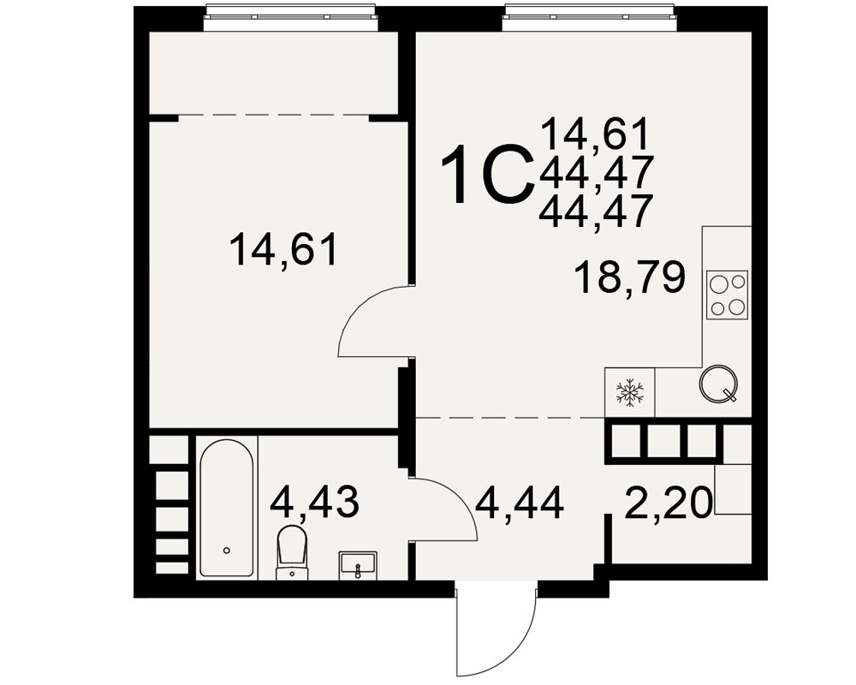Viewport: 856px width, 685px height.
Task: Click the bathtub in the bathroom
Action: pyautogui.click(x=227, y=508)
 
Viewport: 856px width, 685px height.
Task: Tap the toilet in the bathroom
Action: pyautogui.click(x=292, y=551)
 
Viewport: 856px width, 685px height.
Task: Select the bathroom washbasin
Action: pyautogui.click(x=358, y=565)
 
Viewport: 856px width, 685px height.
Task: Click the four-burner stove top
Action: pyautogui.click(x=727, y=295)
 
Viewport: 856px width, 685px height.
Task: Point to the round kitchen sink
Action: pyautogui.click(x=719, y=384)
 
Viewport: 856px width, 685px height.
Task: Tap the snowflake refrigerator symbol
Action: pyautogui.click(x=629, y=392)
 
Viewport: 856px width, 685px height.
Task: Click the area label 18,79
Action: pyautogui.click(x=630, y=278)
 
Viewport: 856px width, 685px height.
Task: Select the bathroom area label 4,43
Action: pyautogui.click(x=315, y=502)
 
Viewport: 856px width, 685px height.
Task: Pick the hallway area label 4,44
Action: pyautogui.click(x=520, y=503)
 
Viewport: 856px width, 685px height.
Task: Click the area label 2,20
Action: pyautogui.click(x=669, y=503)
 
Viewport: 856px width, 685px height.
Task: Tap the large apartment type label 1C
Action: pyautogui.click(x=488, y=175)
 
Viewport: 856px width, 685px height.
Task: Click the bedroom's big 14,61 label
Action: pyautogui.click(x=284, y=250)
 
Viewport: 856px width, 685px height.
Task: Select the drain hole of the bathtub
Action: pyautogui.click(x=227, y=551)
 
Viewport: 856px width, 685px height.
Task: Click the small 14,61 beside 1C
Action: pyautogui.click(x=596, y=134)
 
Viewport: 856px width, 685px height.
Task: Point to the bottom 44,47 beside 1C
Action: pyautogui.click(x=596, y=211)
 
